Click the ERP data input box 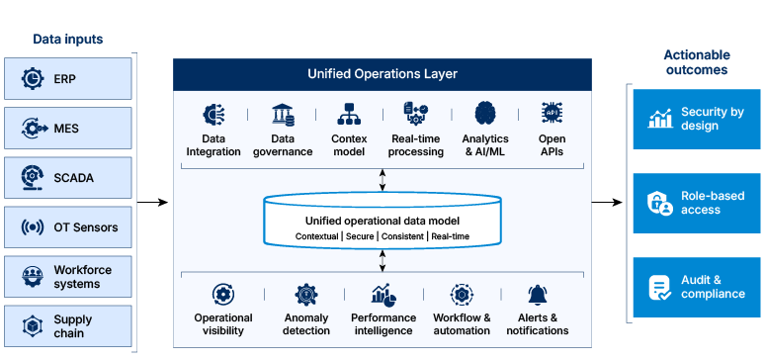coord(68,78)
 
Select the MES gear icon coord(36,129)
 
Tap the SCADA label coord(74,178)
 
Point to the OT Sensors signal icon coord(33,227)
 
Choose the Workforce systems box coord(68,277)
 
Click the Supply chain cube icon coord(33,326)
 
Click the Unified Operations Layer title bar coord(382,75)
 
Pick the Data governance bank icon coord(283,115)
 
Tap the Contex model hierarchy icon coord(349,114)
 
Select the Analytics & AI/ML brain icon coord(485,114)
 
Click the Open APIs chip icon coord(552,113)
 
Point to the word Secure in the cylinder coord(360,236)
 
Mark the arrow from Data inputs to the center coord(153,202)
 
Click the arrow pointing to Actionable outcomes coord(608,202)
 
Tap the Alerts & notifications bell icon coord(538,295)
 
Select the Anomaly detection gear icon coord(306,295)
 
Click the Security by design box coord(697,119)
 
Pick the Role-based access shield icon coord(660,203)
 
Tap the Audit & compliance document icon coord(659,288)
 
